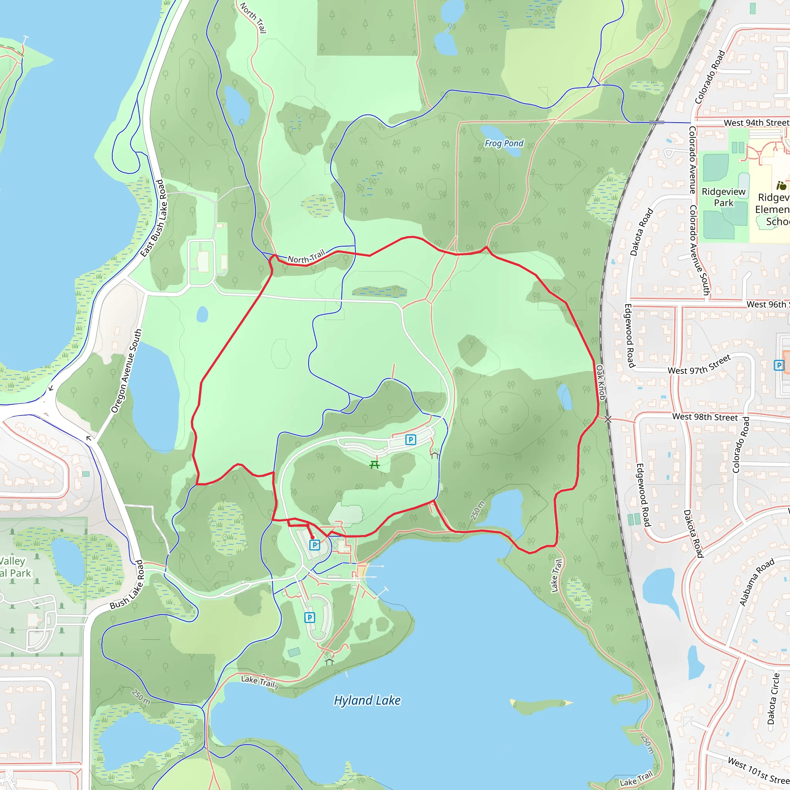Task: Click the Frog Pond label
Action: click(x=504, y=143)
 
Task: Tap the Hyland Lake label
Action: click(x=367, y=701)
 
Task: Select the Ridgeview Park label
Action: click(x=723, y=197)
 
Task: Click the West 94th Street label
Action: click(x=756, y=123)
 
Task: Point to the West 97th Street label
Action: click(x=699, y=365)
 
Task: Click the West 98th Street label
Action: click(x=705, y=417)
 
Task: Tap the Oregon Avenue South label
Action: click(x=127, y=371)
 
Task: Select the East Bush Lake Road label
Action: click(x=152, y=218)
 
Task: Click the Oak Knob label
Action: click(x=600, y=382)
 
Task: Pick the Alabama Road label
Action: click(x=757, y=582)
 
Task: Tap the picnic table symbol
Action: click(x=375, y=464)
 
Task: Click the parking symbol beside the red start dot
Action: click(x=314, y=545)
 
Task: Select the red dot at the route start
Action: click(x=312, y=538)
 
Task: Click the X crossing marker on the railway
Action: click(x=608, y=419)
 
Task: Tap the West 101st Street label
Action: click(x=758, y=770)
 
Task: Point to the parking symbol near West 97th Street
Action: click(x=779, y=365)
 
